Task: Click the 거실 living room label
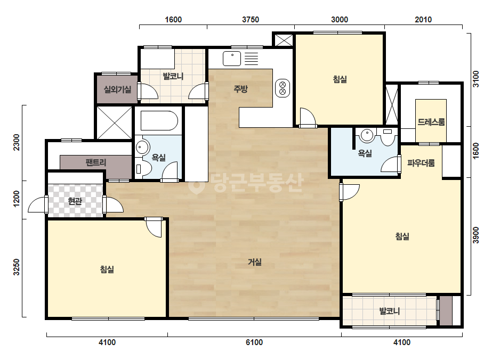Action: pos(254,262)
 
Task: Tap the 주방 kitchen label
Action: pos(240,89)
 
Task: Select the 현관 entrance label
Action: pos(75,201)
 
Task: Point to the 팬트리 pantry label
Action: pos(96,162)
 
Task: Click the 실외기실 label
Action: pos(117,89)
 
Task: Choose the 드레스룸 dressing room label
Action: pos(431,121)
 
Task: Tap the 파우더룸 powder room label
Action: pos(421,163)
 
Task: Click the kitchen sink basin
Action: pos(232,59)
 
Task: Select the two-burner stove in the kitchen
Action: pos(282,88)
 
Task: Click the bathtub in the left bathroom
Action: pos(159,120)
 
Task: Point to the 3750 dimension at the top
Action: pos(251,20)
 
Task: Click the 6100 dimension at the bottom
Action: pos(254,342)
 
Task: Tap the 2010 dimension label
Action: pos(423,20)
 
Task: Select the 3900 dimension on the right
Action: pos(475,235)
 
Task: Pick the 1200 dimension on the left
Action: pos(17,199)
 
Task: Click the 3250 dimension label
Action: pos(17,267)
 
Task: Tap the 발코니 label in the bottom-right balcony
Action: pos(390,311)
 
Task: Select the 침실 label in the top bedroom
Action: pos(340,79)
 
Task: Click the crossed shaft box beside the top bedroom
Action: pos(284,40)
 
